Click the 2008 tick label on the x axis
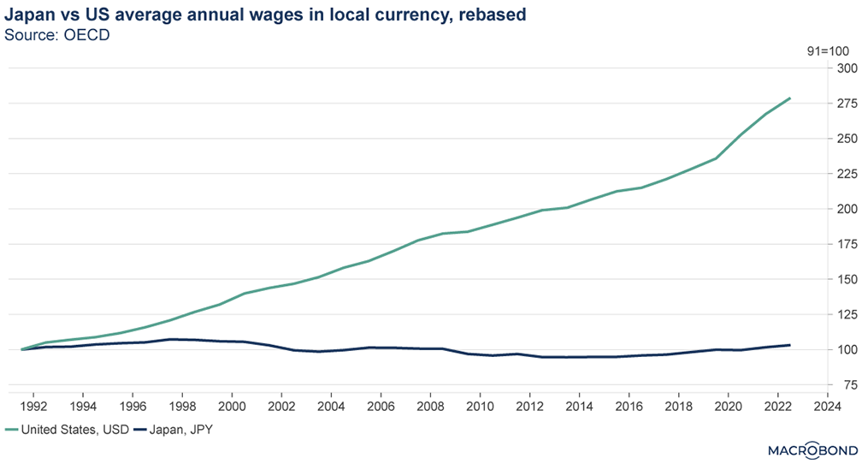(430, 407)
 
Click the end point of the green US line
(789, 98)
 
